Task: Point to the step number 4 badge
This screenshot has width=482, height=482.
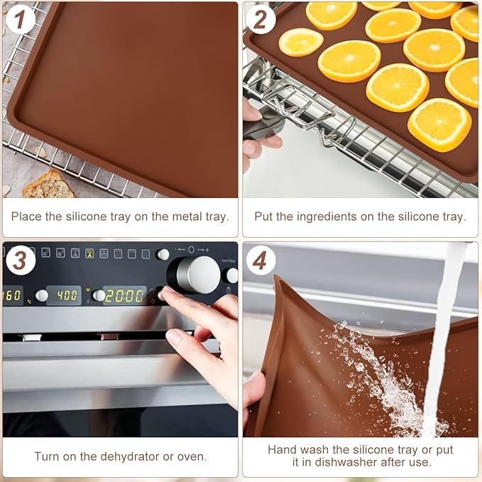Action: pos(261,261)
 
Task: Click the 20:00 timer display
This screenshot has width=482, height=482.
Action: pos(124,296)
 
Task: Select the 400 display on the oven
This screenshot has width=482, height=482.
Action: pos(67,295)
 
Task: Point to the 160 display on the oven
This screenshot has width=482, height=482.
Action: pos(12,295)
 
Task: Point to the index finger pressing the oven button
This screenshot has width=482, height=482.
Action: pos(174,295)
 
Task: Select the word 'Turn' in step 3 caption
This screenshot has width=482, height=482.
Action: pos(47,456)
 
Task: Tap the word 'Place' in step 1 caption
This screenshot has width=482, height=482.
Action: pos(27,217)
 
